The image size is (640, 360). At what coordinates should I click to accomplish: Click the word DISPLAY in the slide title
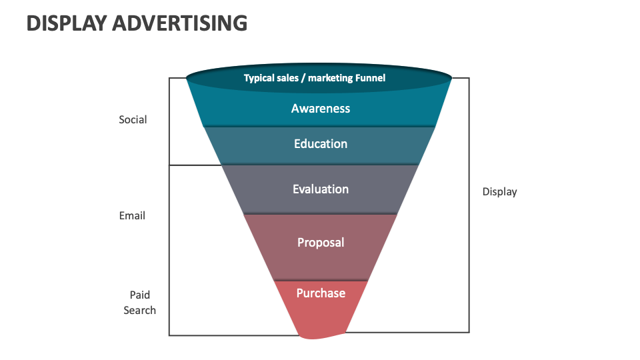(x=66, y=23)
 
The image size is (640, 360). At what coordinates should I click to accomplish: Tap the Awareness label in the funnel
(x=321, y=109)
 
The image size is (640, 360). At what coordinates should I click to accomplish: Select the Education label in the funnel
(x=321, y=144)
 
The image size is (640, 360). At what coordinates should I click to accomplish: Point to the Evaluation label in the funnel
(x=321, y=189)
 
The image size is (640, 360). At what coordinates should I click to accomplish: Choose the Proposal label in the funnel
(x=321, y=243)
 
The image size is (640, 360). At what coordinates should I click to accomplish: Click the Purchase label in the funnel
(x=321, y=293)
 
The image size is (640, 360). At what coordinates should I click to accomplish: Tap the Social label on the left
(x=133, y=120)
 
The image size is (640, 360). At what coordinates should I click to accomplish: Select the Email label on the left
(x=132, y=216)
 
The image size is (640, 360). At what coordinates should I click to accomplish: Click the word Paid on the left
(x=140, y=295)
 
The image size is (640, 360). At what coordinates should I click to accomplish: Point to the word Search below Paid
(x=140, y=310)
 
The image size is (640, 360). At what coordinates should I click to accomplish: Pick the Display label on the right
(x=499, y=192)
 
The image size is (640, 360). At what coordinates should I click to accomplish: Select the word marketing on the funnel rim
(x=330, y=78)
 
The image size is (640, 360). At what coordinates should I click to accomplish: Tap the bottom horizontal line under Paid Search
(x=233, y=335)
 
